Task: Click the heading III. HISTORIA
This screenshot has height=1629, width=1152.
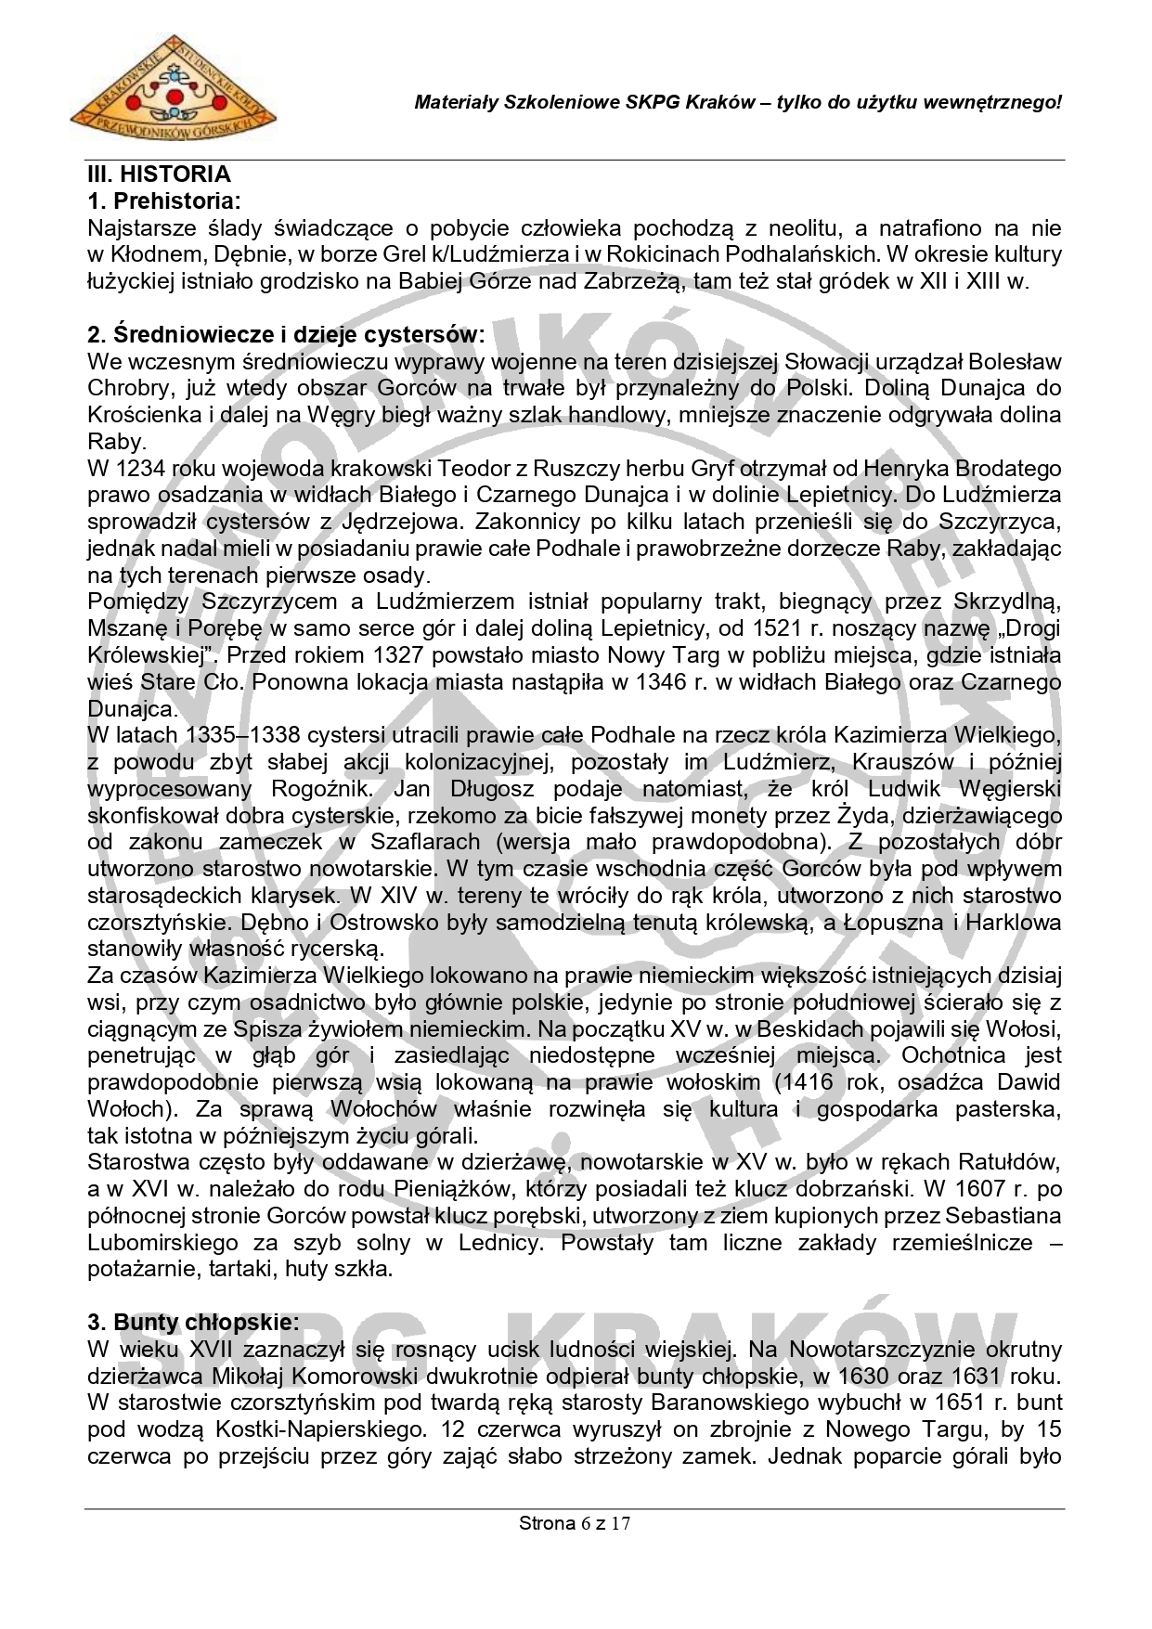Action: tap(159, 175)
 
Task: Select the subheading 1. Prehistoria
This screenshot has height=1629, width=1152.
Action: tap(163, 200)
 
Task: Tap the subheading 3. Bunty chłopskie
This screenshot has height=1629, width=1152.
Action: tap(193, 1321)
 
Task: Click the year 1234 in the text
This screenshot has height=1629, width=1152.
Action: tap(137, 469)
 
